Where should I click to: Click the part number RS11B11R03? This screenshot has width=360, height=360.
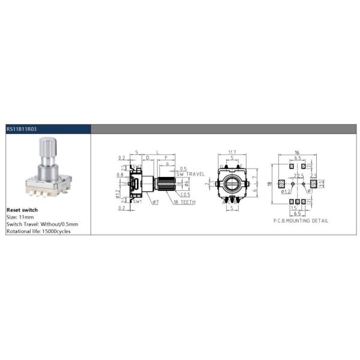pos(21,128)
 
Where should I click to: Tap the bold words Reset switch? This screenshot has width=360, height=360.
pos(22,210)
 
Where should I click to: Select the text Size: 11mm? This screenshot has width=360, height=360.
pos(20,217)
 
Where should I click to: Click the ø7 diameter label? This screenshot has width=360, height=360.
pos(155,202)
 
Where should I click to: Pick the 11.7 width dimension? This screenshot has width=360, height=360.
pos(232,152)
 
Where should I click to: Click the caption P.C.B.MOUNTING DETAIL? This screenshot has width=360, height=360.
pos(296,221)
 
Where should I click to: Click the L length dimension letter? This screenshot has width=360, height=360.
pos(157,153)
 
